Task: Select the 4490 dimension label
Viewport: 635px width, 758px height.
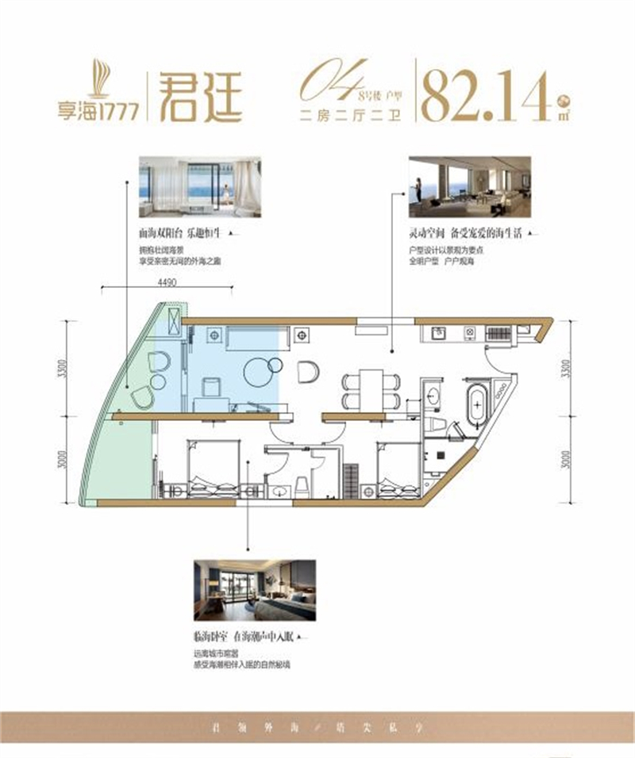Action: [x=167, y=281]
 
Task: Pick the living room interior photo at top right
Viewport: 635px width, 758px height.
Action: [x=469, y=186]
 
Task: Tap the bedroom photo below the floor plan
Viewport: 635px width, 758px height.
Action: [x=254, y=590]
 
